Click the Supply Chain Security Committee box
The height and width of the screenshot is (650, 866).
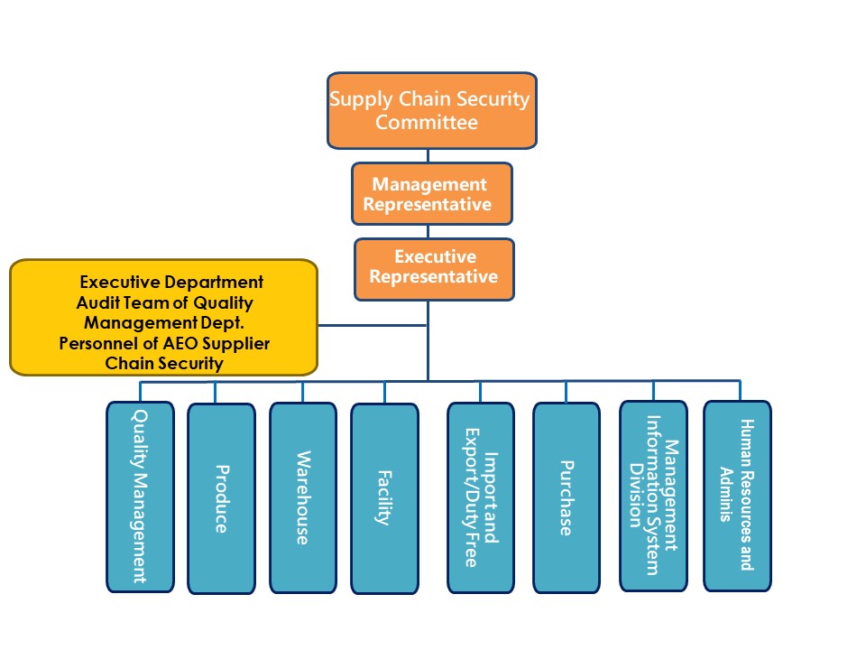coord(431,110)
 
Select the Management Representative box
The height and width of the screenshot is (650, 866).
coord(432,193)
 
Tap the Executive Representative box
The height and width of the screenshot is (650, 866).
coord(434,268)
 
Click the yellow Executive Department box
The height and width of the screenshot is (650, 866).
coord(163,317)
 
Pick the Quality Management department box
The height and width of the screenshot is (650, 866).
coord(140,496)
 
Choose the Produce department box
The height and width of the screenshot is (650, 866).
coord(221,498)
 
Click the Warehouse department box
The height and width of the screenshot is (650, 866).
coord(302,497)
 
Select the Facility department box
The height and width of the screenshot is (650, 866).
coord(384,498)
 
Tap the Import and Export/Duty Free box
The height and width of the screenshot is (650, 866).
coord(480,497)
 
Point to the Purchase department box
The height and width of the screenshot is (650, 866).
coord(566,497)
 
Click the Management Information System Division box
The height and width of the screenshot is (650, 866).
coord(652,496)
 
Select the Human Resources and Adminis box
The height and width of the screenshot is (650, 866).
coord(737,496)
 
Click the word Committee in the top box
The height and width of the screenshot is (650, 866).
coord(427,123)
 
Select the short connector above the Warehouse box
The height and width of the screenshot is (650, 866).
coord(302,392)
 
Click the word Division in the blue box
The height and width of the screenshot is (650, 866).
coord(637,496)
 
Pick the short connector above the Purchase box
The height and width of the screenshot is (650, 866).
coord(566,391)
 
